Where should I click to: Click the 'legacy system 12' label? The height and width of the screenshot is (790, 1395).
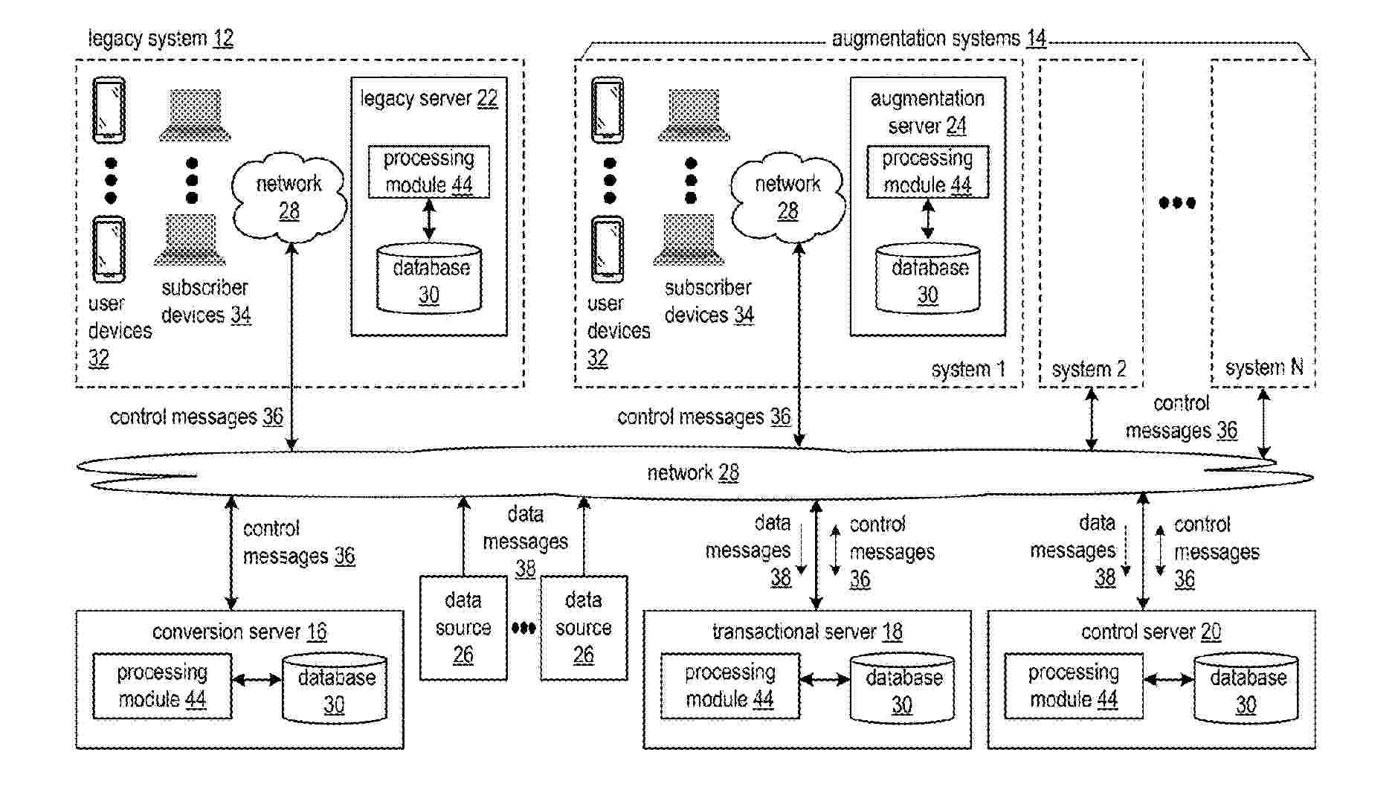(x=161, y=39)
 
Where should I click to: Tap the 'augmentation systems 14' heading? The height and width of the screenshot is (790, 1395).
(x=938, y=39)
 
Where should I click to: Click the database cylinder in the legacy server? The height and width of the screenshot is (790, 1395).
(x=429, y=280)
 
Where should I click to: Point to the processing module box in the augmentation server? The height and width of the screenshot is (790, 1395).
(x=927, y=172)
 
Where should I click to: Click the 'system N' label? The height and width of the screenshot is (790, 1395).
(x=1264, y=367)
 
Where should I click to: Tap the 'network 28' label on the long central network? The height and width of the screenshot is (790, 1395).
(x=693, y=473)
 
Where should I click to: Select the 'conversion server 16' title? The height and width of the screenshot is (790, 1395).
(x=239, y=632)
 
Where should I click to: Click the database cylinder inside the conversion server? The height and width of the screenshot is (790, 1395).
(x=335, y=689)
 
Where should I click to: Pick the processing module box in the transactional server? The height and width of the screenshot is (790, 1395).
(x=729, y=687)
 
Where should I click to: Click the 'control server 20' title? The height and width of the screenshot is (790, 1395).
(x=1151, y=632)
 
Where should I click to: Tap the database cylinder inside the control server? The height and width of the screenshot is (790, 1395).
(x=1246, y=689)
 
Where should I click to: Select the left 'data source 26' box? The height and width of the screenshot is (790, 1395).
(x=463, y=628)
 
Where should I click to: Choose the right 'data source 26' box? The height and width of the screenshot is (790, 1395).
(x=584, y=628)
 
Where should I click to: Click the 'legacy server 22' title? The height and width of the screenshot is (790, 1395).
(x=429, y=99)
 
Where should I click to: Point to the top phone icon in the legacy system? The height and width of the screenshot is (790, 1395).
(x=109, y=110)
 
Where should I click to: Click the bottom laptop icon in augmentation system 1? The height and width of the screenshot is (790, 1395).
(x=689, y=240)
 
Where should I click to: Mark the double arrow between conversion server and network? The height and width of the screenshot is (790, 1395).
(x=232, y=553)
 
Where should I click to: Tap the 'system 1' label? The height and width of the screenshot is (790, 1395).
(x=968, y=370)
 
